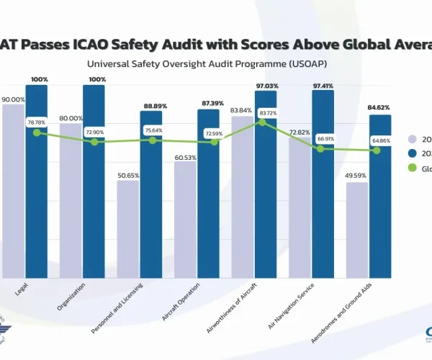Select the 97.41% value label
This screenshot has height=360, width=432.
pyautogui.click(x=323, y=84)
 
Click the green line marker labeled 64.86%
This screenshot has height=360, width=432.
pyautogui.click(x=377, y=150)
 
